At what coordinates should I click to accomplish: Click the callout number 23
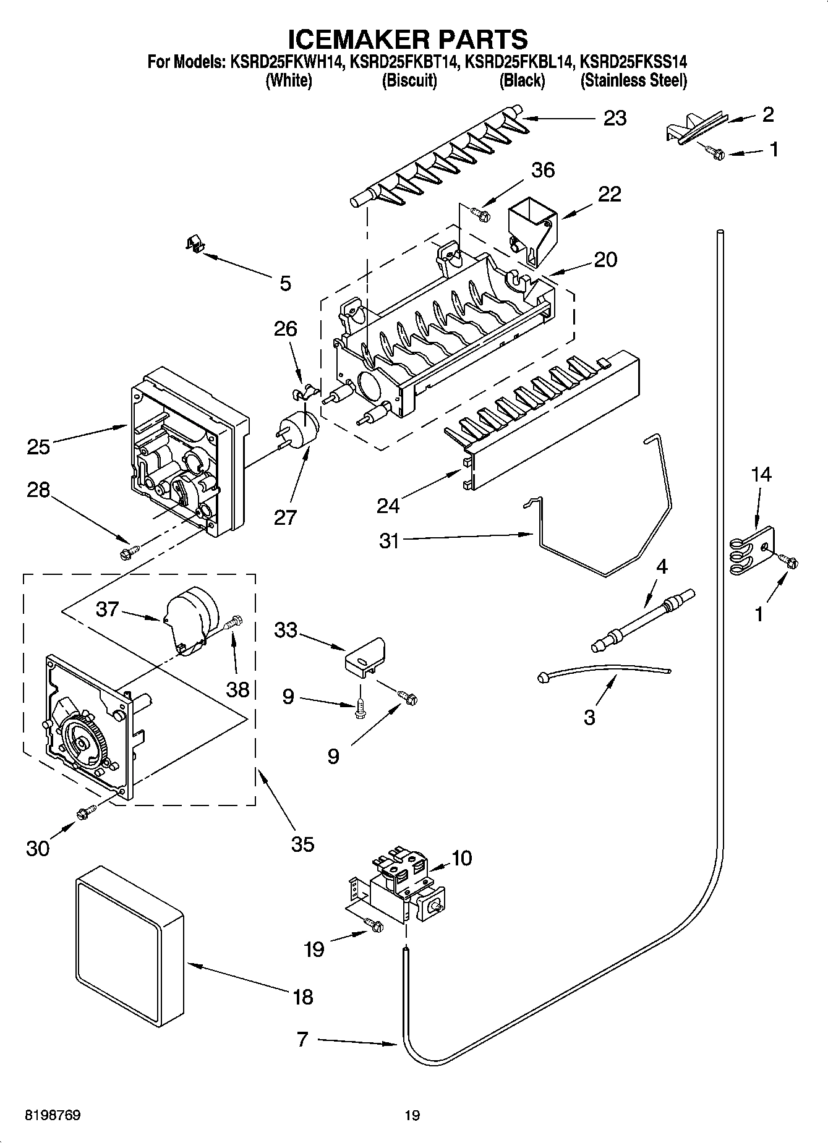[x=614, y=117]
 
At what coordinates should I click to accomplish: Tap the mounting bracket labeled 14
[x=751, y=550]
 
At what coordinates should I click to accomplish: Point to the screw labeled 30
[x=85, y=814]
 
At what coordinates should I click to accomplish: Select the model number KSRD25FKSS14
[x=634, y=62]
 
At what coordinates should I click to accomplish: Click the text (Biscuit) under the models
[x=409, y=80]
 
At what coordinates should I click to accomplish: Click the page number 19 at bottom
[x=412, y=1115]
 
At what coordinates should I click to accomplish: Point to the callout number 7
[x=302, y=1040]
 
